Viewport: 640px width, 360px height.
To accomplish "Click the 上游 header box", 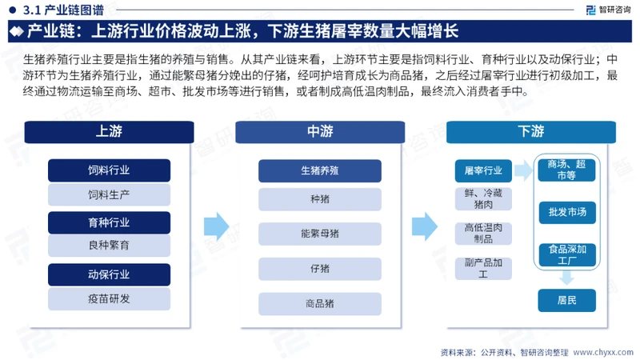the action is tap(109, 132).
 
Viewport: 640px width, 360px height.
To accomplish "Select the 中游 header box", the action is tap(320, 132).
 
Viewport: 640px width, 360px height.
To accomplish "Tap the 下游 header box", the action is tap(531, 132).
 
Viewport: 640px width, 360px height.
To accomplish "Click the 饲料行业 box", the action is tap(109, 170).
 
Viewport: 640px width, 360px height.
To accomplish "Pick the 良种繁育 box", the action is tap(109, 246).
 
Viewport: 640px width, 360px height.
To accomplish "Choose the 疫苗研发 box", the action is tap(109, 298).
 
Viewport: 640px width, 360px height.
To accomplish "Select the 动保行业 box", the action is tap(109, 274).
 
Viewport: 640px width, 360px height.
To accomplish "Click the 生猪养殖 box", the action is tap(320, 170).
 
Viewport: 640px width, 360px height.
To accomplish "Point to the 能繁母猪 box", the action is tap(320, 234).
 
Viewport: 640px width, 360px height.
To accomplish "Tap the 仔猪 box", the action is tap(320, 269).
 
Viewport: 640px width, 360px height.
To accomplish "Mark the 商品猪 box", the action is tap(320, 304).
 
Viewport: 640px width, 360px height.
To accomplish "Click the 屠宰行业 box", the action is tap(483, 170).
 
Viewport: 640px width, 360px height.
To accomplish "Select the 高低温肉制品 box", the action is tap(483, 234).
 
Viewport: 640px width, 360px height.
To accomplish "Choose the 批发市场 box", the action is tap(567, 212).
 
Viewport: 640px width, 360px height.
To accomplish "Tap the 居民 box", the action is tap(567, 301).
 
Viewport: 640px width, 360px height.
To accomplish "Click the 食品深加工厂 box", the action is tap(567, 254).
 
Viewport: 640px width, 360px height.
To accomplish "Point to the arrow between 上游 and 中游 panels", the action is tap(216, 226).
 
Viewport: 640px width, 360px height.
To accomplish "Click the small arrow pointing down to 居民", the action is tap(566, 278).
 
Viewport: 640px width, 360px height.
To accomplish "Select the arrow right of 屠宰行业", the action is tap(523, 170).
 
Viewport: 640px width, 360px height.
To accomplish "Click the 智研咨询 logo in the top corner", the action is tap(608, 10).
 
